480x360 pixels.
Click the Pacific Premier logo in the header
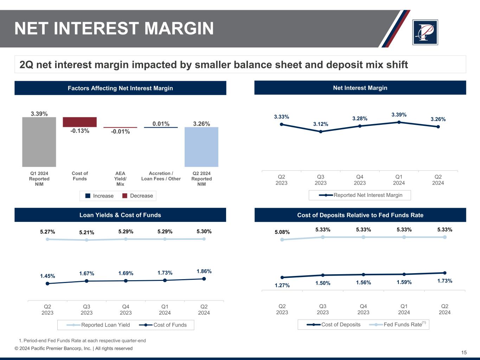pyautogui.click(x=425, y=32)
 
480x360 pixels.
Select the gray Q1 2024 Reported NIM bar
pyautogui.click(x=39, y=142)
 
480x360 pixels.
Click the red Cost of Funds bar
pyautogui.click(x=79, y=122)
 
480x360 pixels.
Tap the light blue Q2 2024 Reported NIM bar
pyautogui.click(x=201, y=147)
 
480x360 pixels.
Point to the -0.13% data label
pyautogui.click(x=79, y=131)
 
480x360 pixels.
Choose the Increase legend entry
pyautogui.click(x=100, y=196)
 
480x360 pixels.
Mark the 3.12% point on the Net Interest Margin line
pyautogui.click(x=321, y=131)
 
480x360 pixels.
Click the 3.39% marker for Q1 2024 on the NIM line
pyautogui.click(x=399, y=122)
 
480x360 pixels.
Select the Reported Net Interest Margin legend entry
pyautogui.click(x=360, y=195)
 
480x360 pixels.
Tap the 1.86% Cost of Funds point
pyautogui.click(x=204, y=279)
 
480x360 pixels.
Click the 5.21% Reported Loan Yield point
pyautogui.click(x=87, y=240)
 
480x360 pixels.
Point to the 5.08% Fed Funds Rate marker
pyautogui.click(x=282, y=240)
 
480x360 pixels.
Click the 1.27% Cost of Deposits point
pyautogui.click(x=282, y=277)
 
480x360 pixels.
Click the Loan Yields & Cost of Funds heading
pyautogui.click(x=120, y=215)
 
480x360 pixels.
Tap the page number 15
pyautogui.click(x=464, y=353)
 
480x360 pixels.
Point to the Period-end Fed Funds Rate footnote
pyautogui.click(x=82, y=341)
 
